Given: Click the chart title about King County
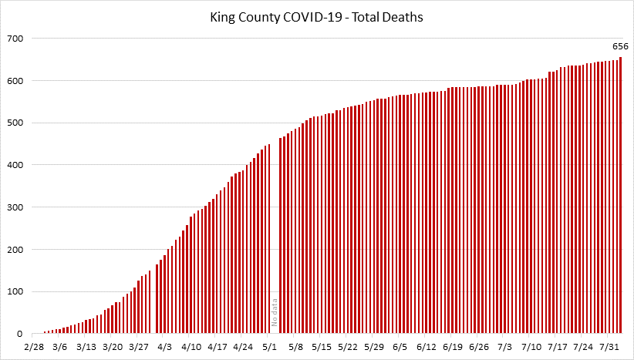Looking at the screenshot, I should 316,16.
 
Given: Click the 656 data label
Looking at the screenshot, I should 620,46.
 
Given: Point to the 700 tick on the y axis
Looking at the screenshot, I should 15,39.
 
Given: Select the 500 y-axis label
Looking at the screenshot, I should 15,123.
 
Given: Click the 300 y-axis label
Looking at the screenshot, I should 15,207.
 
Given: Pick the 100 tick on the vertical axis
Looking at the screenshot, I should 15,292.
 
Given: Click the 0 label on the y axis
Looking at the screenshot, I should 22,334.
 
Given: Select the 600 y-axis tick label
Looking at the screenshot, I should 15,81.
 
